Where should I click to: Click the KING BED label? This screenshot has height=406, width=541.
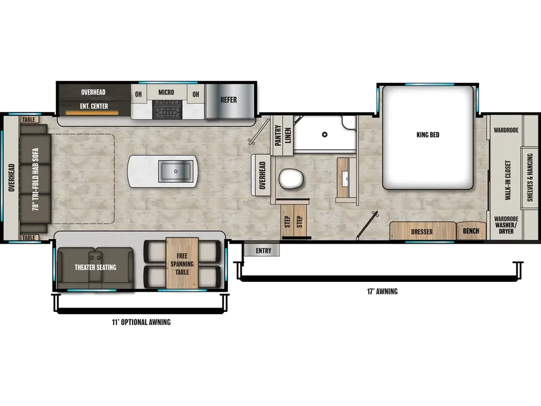427,135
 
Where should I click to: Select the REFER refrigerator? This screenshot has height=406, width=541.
229,100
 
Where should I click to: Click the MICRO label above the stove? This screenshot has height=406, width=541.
166,93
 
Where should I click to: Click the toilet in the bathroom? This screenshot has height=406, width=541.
290,179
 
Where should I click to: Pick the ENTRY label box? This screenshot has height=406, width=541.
263,251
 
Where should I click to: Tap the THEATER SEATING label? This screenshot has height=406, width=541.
95,267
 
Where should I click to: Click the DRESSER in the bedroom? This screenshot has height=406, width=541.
422,232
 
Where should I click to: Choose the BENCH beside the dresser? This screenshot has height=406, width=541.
471,232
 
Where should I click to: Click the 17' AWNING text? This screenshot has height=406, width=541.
380,291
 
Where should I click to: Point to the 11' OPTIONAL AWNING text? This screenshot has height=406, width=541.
141,322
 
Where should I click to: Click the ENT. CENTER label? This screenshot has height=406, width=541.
95,106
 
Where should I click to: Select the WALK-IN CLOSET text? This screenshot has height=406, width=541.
507,180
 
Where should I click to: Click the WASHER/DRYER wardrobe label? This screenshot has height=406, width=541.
506,227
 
